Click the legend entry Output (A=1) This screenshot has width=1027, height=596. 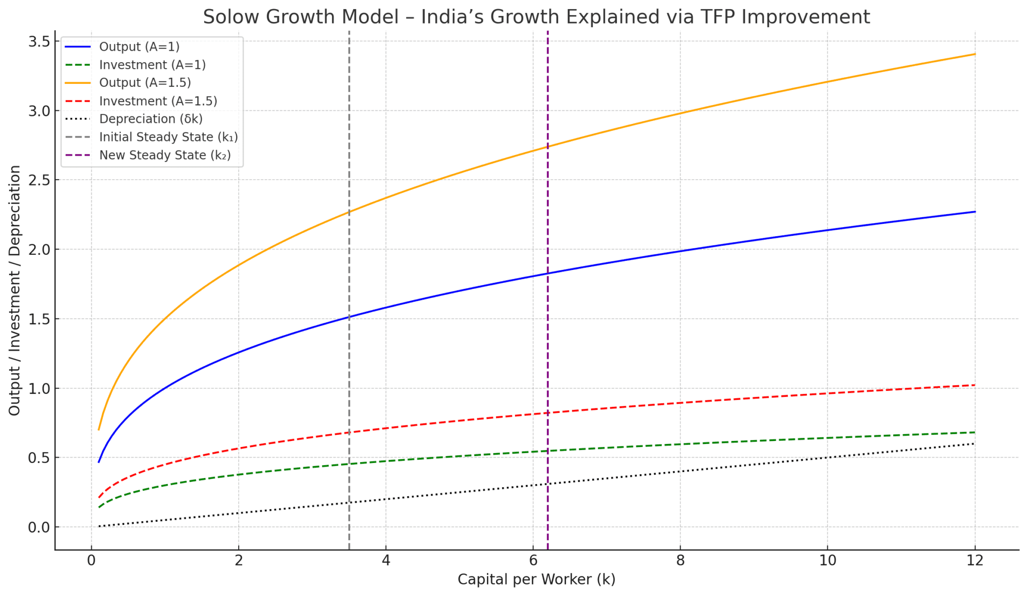coord(139,47)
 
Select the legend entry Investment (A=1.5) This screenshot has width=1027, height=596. coord(158,101)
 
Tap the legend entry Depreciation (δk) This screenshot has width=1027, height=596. coord(151,119)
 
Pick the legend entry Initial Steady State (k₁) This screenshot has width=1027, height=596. coord(168,137)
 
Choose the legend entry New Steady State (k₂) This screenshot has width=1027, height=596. coord(165,155)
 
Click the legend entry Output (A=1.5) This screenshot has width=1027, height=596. coord(145,83)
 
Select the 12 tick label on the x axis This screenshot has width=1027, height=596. coord(974,560)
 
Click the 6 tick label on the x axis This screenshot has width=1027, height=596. coord(533,560)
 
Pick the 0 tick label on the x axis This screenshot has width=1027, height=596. coord(91,560)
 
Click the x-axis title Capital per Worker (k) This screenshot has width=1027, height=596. coord(536,580)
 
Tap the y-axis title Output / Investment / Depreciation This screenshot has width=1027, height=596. coord(15,290)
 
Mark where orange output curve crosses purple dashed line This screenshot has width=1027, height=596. coord(548,146)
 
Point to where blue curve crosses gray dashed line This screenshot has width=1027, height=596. coord(349,317)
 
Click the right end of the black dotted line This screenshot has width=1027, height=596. coord(974,443)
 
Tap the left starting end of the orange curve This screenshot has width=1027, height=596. coord(99,429)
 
